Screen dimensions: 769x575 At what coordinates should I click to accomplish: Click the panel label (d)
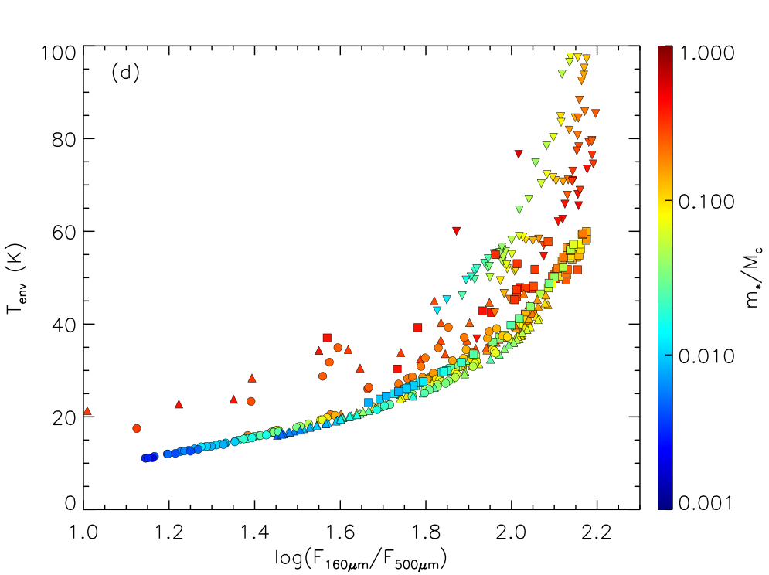125,73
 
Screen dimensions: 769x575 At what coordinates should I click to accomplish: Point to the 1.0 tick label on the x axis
83,532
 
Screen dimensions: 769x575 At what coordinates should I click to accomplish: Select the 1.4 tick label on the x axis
254,532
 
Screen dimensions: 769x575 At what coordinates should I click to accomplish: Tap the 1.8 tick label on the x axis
426,532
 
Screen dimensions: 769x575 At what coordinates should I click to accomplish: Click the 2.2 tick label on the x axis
597,532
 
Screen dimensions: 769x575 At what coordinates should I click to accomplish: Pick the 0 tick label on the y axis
70,503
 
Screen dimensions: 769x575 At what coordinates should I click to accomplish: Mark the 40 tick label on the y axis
63,325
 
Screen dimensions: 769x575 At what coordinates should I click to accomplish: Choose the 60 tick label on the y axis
63,232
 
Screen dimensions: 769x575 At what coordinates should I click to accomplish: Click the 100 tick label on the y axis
59,53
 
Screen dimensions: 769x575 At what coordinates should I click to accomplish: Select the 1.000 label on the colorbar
706,53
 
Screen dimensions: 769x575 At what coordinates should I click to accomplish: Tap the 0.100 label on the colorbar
706,202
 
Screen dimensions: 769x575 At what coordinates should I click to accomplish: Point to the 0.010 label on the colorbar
706,356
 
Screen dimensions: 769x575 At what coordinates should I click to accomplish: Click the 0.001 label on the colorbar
706,502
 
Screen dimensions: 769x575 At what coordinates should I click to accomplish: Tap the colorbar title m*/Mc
754,277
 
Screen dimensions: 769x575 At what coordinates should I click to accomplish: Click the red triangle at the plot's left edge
87,410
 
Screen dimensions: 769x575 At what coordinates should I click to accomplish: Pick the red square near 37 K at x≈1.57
327,338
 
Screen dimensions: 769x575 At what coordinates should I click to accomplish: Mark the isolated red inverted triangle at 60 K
457,231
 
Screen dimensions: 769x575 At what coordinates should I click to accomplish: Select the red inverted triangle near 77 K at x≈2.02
519,154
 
